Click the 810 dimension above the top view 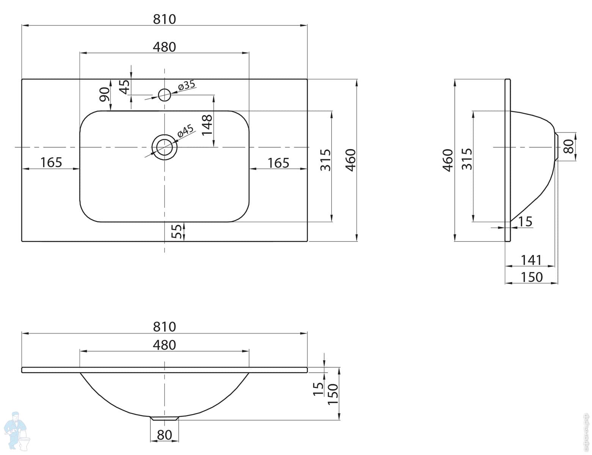coord(164,19)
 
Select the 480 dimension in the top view coord(164,47)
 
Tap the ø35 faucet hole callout coord(187,85)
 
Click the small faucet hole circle coord(164,95)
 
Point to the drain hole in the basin coord(164,147)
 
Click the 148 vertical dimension coord(207,125)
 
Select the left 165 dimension coord(51,163)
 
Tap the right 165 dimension coord(278,163)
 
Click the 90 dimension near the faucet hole coord(105,94)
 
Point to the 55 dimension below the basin coord(177,231)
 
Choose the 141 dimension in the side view coord(531,260)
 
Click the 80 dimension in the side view coord(568,146)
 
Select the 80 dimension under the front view coord(164,435)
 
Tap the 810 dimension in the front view coord(164,327)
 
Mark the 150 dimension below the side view coord(532,277)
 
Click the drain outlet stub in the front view coord(164,419)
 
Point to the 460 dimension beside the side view coord(448,160)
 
